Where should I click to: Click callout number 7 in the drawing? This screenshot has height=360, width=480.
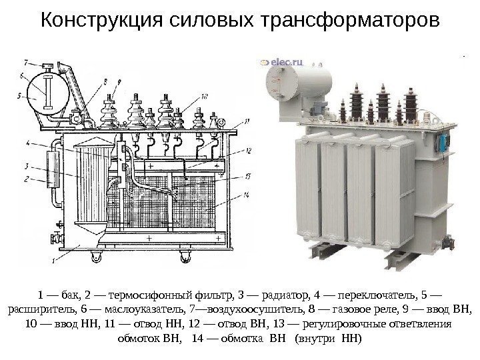click(25, 64)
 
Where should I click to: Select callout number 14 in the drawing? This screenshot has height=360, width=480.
click(247, 194)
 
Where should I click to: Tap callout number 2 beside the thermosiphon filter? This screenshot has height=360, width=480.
click(25, 179)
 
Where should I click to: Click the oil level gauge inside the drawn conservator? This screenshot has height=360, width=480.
click(47, 91)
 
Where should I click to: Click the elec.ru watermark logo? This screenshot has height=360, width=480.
click(284, 63)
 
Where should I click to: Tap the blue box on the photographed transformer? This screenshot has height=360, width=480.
click(442, 140)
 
